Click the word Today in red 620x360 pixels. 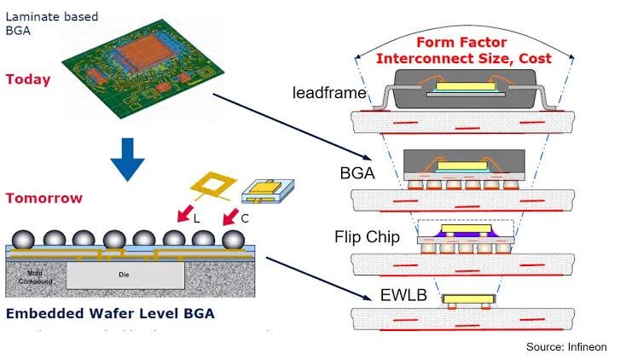28,79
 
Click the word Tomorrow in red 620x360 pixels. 43,198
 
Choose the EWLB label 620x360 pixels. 403,296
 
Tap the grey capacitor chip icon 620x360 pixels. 264,192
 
